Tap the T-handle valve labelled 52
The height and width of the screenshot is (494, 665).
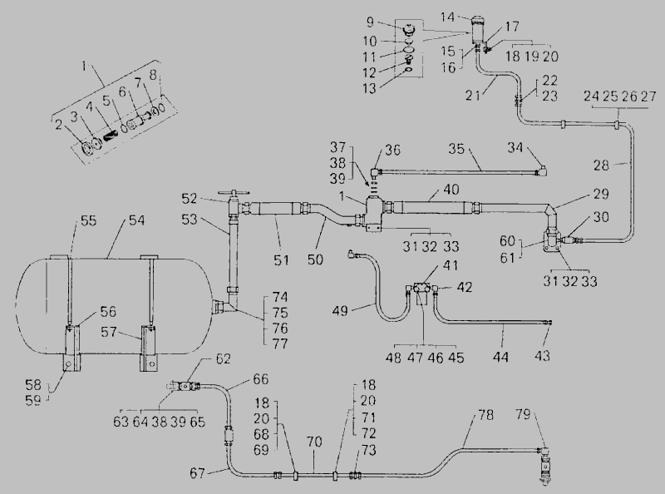point(232,204)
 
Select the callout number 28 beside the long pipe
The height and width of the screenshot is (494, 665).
point(601,165)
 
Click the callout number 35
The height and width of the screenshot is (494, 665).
point(456,149)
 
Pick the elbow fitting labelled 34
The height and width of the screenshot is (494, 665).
point(542,170)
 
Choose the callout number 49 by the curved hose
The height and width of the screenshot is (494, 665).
point(340,311)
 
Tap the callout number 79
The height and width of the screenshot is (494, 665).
point(524,414)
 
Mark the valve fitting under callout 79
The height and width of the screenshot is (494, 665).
point(544,463)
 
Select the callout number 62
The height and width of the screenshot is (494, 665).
point(223,358)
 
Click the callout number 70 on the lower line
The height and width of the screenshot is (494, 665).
point(313,442)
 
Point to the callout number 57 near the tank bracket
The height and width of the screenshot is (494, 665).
point(109,332)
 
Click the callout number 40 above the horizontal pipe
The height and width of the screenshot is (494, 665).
point(451,190)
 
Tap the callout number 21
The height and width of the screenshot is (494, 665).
point(473,96)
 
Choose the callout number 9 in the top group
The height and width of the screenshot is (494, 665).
point(370,22)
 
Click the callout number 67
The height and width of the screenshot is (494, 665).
point(198,472)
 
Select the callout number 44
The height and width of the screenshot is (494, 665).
point(500,357)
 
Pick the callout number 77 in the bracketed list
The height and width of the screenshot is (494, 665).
point(280,343)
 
